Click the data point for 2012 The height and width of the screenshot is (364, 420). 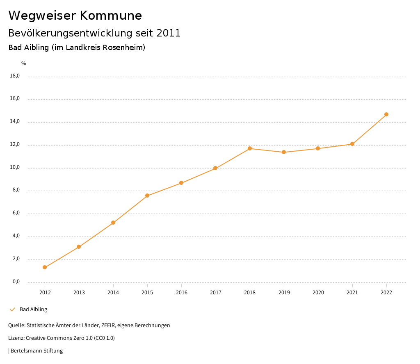tap(45, 267)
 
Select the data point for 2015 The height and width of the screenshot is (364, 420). tap(147, 196)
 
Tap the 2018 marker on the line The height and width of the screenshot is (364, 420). tap(250, 148)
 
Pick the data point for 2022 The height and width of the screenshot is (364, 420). tap(386, 114)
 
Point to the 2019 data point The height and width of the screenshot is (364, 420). tap(284, 152)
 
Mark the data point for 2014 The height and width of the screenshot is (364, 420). tap(113, 223)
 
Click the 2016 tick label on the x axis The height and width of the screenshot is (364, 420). tap(181, 293)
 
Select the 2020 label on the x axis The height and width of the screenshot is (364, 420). tap(318, 293)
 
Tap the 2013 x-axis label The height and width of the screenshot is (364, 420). tap(79, 293)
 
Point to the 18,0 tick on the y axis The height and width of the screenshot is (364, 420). tap(15, 76)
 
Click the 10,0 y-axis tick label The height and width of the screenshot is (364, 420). tap(15, 168)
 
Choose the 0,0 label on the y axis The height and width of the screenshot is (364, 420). tap(16, 282)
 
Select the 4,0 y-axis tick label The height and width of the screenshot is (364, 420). tap(16, 236)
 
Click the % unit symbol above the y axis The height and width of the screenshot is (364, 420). tap(24, 64)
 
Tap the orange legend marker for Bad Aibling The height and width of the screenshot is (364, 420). tap(12, 309)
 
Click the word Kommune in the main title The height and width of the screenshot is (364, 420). tap(111, 16)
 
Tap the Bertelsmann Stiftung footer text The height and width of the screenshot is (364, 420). tap(37, 351)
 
